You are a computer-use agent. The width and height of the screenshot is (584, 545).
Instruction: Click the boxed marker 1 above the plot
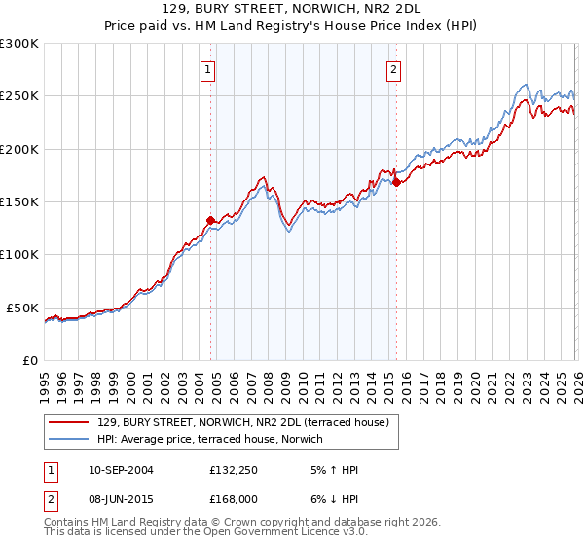click(x=209, y=69)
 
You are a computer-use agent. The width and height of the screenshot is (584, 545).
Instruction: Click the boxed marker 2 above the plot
click(x=394, y=69)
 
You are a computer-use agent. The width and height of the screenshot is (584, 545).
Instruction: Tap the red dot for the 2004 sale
click(x=210, y=220)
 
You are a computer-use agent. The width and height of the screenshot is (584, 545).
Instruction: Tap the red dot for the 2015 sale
click(x=396, y=182)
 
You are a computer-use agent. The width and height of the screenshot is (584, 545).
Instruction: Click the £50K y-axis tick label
click(x=22, y=308)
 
